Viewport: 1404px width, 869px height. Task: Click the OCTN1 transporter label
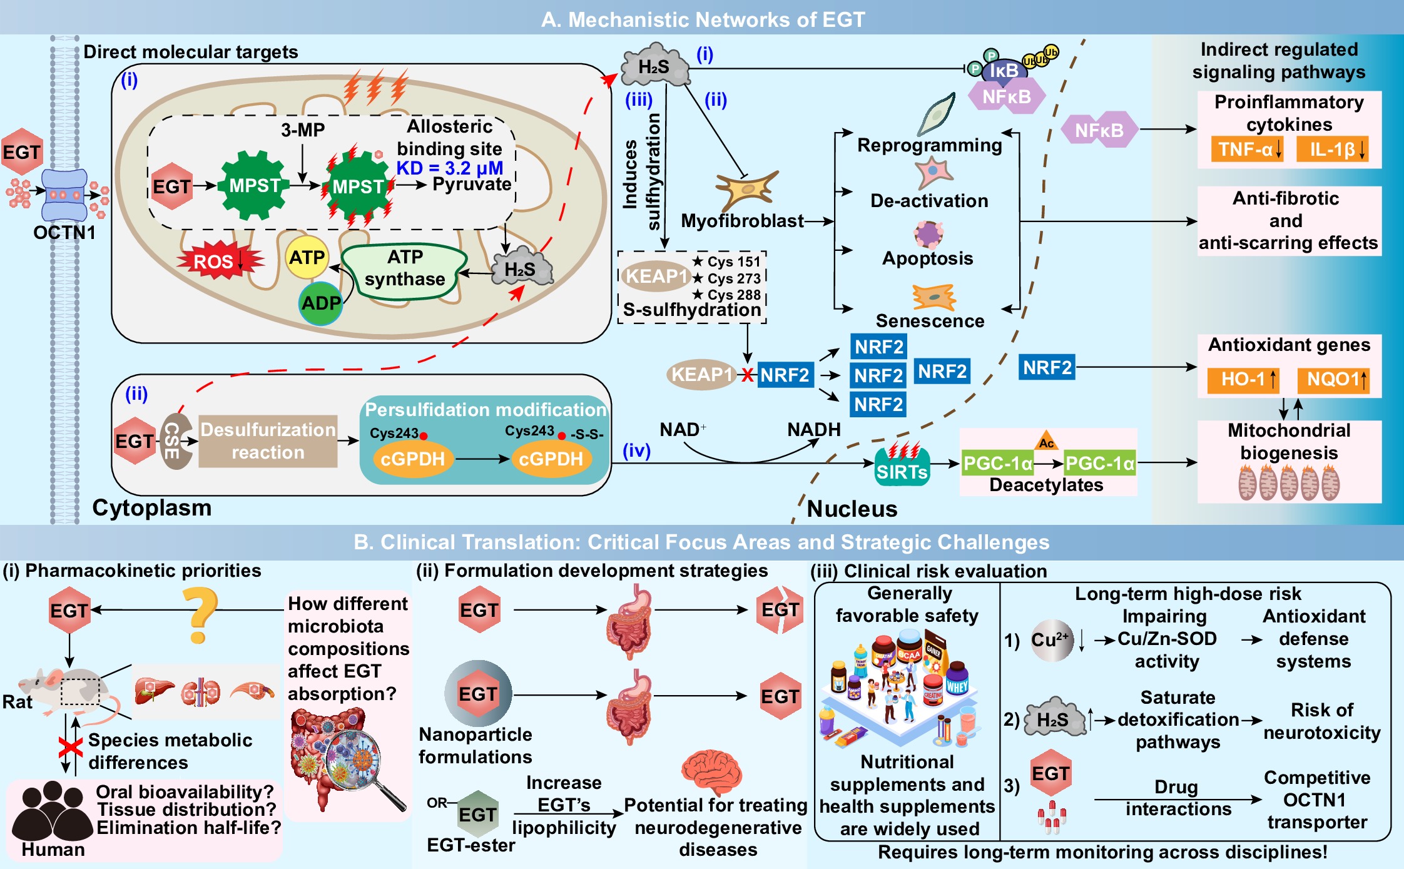coord(64,233)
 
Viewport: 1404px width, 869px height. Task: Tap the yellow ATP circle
coord(307,257)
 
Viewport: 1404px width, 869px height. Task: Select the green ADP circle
coord(321,303)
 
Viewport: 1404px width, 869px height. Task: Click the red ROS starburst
coord(218,261)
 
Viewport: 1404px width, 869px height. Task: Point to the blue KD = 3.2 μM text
coord(450,168)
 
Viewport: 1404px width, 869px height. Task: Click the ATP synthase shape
coord(405,270)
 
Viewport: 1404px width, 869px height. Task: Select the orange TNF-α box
coord(1247,150)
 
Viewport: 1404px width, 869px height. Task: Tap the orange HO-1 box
coord(1243,379)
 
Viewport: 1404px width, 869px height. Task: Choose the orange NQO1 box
coord(1333,379)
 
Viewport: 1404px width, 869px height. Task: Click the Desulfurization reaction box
coord(268,441)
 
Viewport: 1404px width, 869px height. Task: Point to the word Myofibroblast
coord(742,221)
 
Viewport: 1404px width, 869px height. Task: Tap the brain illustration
coord(712,771)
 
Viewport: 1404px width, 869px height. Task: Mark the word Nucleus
coord(852,509)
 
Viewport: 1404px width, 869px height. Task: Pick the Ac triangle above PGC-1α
coord(1047,440)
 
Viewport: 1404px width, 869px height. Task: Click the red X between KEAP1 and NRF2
coord(747,375)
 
